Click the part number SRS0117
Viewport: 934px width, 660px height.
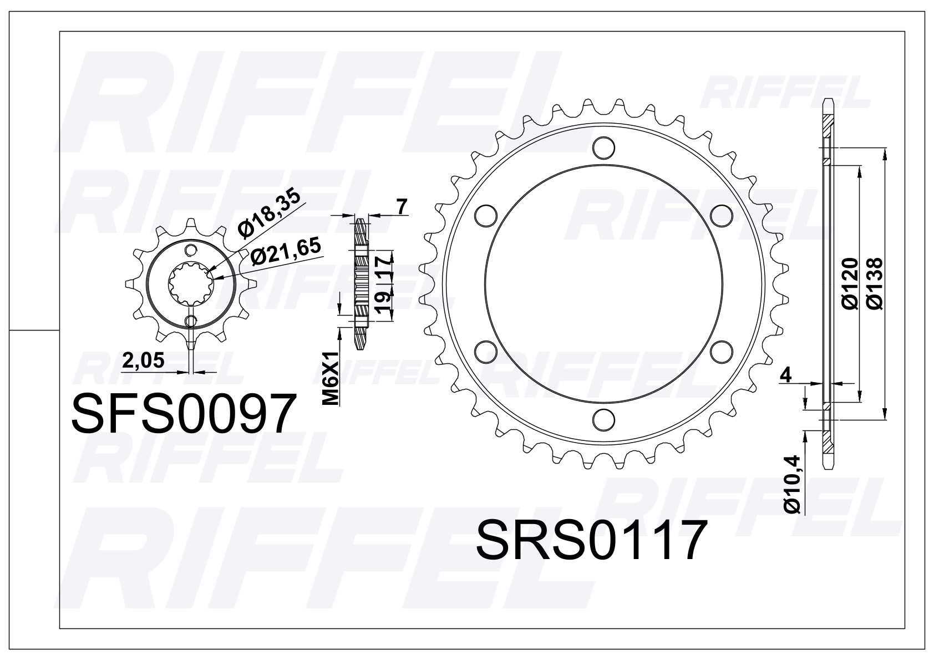[592, 540]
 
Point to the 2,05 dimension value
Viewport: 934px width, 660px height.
[143, 361]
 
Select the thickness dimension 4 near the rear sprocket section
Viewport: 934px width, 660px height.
[785, 375]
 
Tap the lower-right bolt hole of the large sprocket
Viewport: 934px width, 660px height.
[720, 351]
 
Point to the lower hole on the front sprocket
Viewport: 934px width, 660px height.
[191, 321]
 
